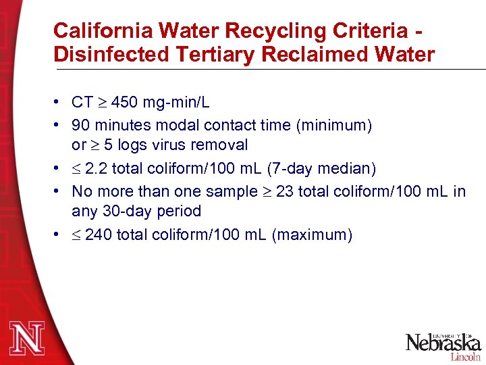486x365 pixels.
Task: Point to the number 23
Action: tap(285, 192)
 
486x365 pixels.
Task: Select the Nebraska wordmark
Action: tap(443, 342)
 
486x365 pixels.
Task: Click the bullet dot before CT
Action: tap(61, 103)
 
